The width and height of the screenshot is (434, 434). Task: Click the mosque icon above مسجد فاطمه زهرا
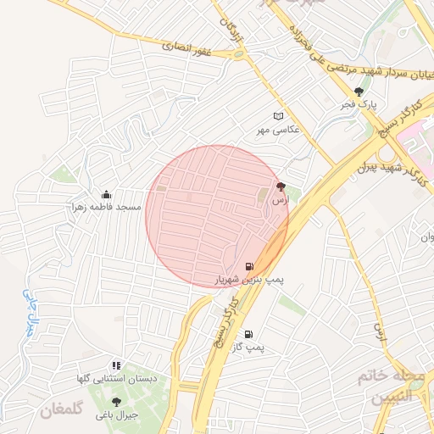pyautogui.click(x=106, y=194)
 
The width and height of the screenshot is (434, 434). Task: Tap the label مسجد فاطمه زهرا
pyautogui.click(x=106, y=207)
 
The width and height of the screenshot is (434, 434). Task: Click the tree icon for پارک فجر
pyautogui.click(x=359, y=92)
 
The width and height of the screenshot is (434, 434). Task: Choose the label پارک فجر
pyautogui.click(x=359, y=104)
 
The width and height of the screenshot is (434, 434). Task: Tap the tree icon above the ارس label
pyautogui.click(x=281, y=186)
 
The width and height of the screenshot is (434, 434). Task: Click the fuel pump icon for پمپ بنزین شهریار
pyautogui.click(x=248, y=265)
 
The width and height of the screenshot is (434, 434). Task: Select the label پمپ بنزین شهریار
pyautogui.click(x=249, y=278)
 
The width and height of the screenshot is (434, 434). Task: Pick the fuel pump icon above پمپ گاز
pyautogui.click(x=248, y=334)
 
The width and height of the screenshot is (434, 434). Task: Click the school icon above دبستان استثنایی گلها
pyautogui.click(x=116, y=364)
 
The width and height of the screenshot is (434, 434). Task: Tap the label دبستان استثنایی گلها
pyautogui.click(x=115, y=378)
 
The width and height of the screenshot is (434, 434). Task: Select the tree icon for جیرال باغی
pyautogui.click(x=116, y=402)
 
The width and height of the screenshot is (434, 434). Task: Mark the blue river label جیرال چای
pyautogui.click(x=27, y=313)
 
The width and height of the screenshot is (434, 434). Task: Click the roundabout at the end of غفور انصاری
pyautogui.click(x=240, y=54)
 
